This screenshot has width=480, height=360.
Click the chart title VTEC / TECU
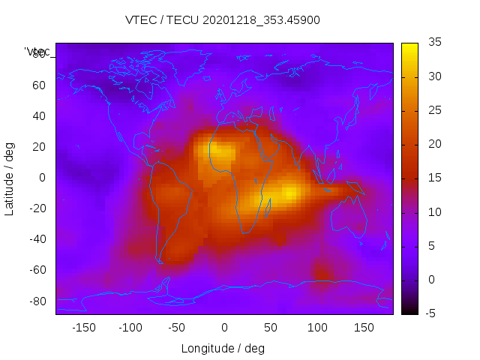(223, 20)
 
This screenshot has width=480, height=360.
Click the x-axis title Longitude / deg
(223, 348)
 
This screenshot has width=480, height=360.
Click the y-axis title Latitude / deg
(10, 178)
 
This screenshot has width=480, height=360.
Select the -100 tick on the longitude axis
(130, 328)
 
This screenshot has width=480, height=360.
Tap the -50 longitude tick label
(177, 328)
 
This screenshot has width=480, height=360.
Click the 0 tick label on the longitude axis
(224, 328)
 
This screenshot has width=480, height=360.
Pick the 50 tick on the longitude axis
(271, 328)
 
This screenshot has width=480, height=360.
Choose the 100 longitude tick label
(317, 328)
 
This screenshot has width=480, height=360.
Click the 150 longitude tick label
(364, 328)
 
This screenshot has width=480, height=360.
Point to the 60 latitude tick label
(39, 85)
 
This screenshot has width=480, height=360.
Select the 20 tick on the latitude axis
(39, 147)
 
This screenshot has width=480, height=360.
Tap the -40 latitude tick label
(35, 239)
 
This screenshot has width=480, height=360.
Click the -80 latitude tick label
(35, 301)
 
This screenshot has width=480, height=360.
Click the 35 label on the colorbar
(433, 43)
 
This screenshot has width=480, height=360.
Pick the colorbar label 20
(433, 144)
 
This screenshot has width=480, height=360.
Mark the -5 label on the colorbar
(432, 313)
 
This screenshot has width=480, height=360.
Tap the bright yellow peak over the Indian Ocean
(289, 193)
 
